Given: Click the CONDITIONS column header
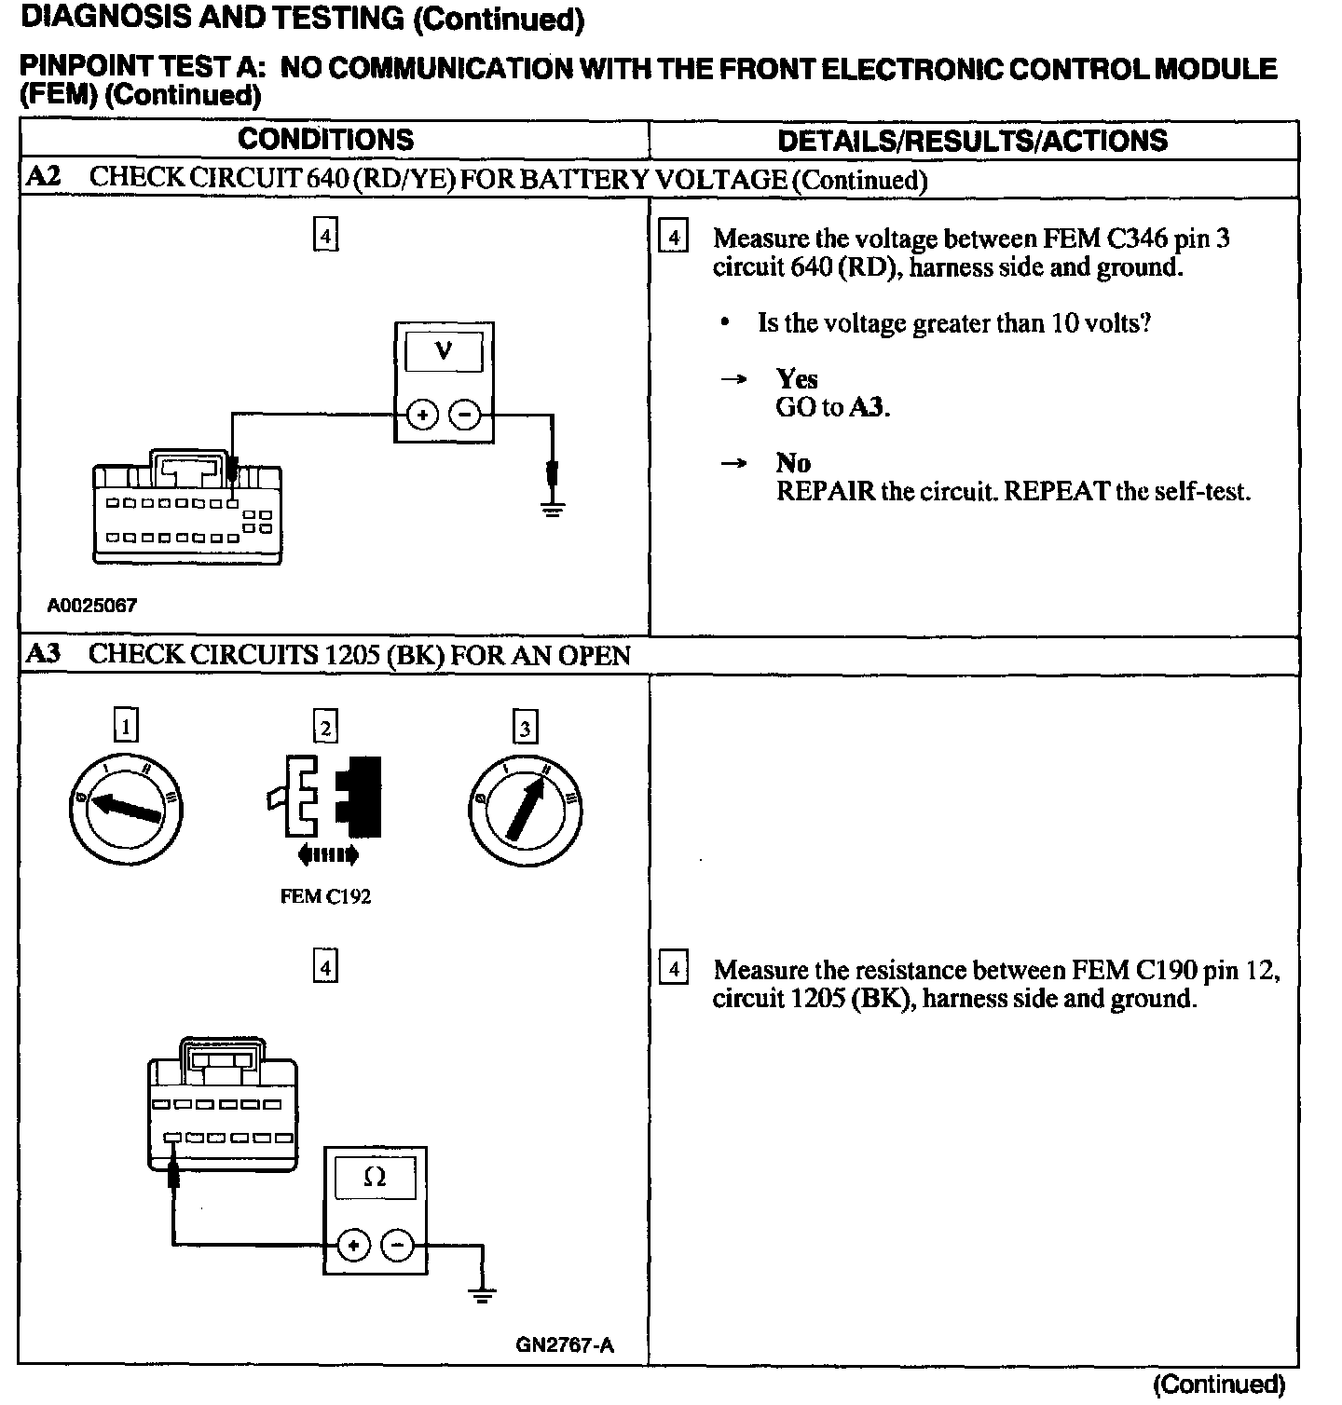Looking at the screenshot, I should pyautogui.click(x=325, y=140).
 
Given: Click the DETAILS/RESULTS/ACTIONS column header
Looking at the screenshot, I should pyautogui.click(x=972, y=141).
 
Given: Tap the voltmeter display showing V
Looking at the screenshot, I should pyautogui.click(x=444, y=352).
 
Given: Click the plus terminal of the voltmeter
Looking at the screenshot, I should pyautogui.click(x=422, y=415).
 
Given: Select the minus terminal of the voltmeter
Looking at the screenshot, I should pyautogui.click(x=465, y=415).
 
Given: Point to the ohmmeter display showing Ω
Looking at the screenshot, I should pyautogui.click(x=375, y=1178).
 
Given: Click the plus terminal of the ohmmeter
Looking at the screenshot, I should pyautogui.click(x=354, y=1245).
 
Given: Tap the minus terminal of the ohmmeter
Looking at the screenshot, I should pyautogui.click(x=397, y=1245).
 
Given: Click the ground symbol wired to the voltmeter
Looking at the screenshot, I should pyautogui.click(x=553, y=508).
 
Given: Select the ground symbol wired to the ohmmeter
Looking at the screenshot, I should pyautogui.click(x=482, y=1295).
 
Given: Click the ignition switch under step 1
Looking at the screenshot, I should pyautogui.click(x=126, y=810).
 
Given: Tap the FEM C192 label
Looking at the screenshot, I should pyautogui.click(x=325, y=896).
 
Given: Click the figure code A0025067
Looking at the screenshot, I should pyautogui.click(x=92, y=606).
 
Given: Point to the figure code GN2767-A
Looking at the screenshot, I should pyautogui.click(x=565, y=1345).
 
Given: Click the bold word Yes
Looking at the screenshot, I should pyautogui.click(x=797, y=378).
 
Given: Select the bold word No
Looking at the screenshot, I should pyautogui.click(x=793, y=463).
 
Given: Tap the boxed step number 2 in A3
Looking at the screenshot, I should pyautogui.click(x=325, y=727).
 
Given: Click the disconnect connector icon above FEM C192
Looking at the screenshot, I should pyautogui.click(x=325, y=798).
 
